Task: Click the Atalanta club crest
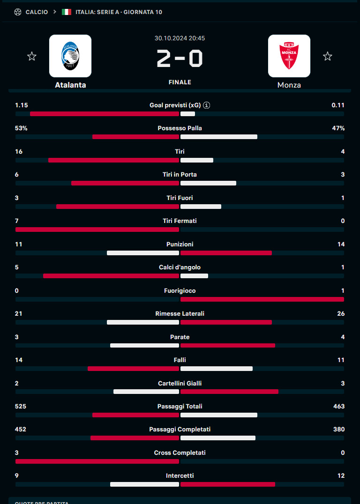pyautogui.click(x=70, y=56)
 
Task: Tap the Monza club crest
pyautogui.click(x=289, y=56)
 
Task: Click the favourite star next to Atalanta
pyautogui.click(x=32, y=57)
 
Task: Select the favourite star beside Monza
pyautogui.click(x=328, y=57)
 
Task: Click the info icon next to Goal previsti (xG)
pyautogui.click(x=207, y=105)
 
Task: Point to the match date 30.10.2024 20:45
pyautogui.click(x=180, y=38)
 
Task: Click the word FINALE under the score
pyautogui.click(x=180, y=82)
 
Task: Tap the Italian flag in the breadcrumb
pyautogui.click(x=67, y=12)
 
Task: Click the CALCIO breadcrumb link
pyautogui.click(x=37, y=12)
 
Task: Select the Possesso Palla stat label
pyautogui.click(x=180, y=128)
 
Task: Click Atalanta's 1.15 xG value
pyautogui.click(x=22, y=105)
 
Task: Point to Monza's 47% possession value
pyautogui.click(x=338, y=128)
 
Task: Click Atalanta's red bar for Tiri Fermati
pyautogui.click(x=97, y=230)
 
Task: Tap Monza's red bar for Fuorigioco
pyautogui.click(x=262, y=299)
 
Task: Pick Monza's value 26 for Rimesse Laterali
pyautogui.click(x=341, y=314)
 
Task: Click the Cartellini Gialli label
pyautogui.click(x=180, y=383)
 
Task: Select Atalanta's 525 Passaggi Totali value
pyautogui.click(x=21, y=407)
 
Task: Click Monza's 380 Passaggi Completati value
pyautogui.click(x=339, y=430)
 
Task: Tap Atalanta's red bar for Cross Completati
pyautogui.click(x=97, y=461)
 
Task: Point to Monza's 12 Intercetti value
pyautogui.click(x=341, y=476)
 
